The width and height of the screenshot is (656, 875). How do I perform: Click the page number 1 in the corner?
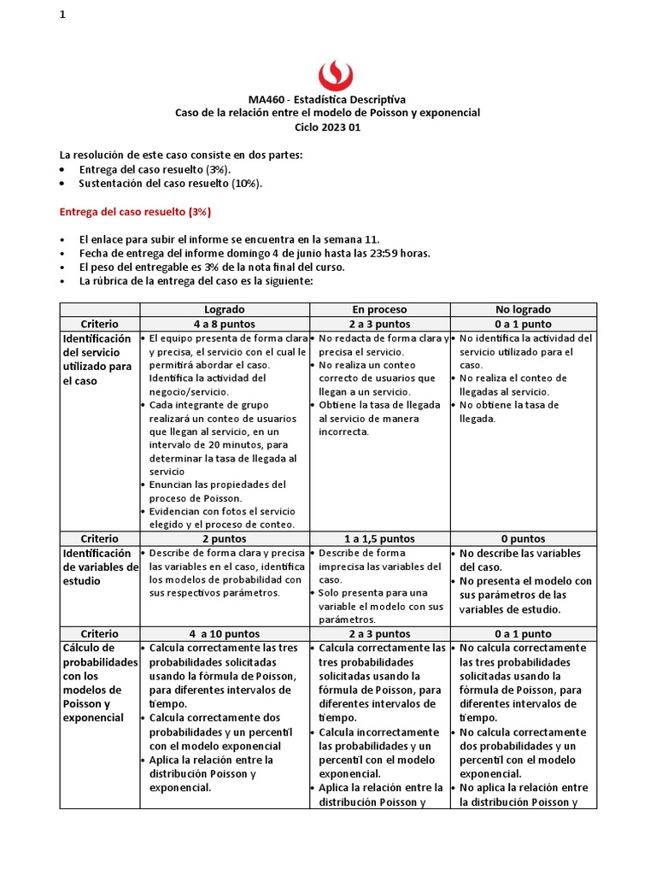[62, 15]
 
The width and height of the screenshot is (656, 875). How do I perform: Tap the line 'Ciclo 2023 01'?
[327, 126]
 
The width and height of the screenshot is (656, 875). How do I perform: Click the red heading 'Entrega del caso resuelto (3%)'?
[134, 211]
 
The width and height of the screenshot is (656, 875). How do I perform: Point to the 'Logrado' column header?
[225, 309]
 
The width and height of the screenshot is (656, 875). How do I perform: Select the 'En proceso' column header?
[379, 309]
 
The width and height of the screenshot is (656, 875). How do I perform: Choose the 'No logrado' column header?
[523, 309]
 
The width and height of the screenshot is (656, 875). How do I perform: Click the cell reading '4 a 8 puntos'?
[225, 324]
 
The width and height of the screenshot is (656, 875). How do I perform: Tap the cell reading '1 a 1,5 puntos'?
[379, 539]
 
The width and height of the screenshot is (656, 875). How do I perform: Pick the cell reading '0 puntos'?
[523, 539]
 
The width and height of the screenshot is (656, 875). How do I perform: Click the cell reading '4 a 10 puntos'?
[225, 634]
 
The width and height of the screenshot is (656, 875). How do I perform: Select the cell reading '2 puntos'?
[225, 539]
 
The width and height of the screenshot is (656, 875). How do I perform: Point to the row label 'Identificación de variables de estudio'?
[99, 567]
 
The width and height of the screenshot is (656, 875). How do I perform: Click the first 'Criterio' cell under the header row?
[99, 324]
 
